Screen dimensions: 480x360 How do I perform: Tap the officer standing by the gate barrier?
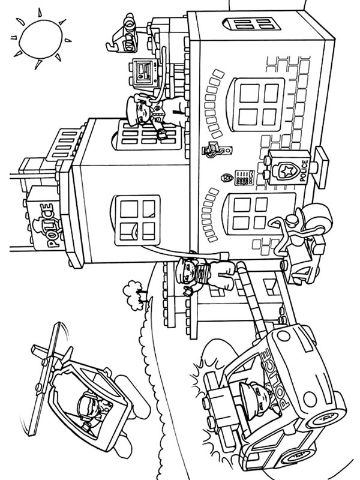tap(201, 273)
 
